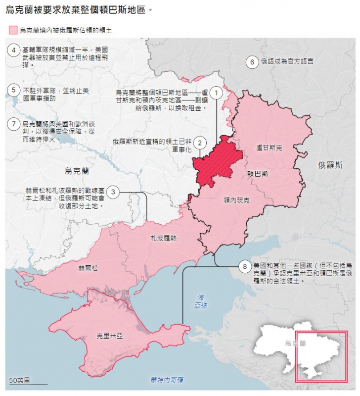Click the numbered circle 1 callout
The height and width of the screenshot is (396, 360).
[x=216, y=93]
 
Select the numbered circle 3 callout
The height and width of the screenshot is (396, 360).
[x=113, y=192]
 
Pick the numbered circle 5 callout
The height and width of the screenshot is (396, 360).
[x=14, y=91]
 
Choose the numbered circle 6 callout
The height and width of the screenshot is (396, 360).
[x=252, y=62]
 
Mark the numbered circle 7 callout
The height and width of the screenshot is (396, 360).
[x=14, y=124]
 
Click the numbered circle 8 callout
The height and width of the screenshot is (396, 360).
[x=245, y=266]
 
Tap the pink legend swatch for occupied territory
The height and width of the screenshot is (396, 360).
[x=13, y=30]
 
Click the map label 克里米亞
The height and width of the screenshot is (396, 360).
[x=110, y=336]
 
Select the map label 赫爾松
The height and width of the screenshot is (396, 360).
[x=88, y=268]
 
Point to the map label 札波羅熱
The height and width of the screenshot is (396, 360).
[x=164, y=238]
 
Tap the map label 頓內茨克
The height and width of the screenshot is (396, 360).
[x=236, y=200]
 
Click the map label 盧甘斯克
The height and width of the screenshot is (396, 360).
[x=269, y=148]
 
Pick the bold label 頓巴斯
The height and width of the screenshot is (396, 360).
[x=258, y=174]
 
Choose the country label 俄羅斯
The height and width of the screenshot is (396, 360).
[x=330, y=165]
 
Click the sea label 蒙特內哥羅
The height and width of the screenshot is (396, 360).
[x=167, y=380]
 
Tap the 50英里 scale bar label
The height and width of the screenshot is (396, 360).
[x=20, y=380]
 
